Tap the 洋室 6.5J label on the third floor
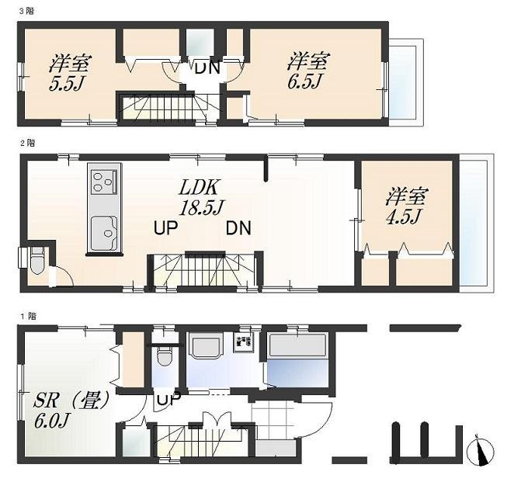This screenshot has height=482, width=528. [308, 71]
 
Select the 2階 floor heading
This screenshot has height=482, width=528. [25, 143]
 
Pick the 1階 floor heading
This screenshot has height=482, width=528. [25, 317]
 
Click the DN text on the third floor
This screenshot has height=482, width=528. [207, 68]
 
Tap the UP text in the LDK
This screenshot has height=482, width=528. [167, 228]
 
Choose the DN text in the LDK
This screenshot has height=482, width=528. [238, 228]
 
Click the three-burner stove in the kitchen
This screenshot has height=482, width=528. [104, 182]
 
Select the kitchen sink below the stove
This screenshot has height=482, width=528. [104, 233]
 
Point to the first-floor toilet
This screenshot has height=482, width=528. [163, 357]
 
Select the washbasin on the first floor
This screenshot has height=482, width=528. [205, 346]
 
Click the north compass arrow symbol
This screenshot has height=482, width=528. [482, 450]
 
